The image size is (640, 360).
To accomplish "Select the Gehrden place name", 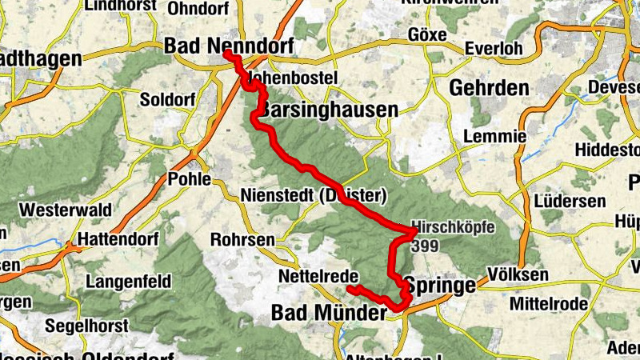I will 489,87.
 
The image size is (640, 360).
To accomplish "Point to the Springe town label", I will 440,285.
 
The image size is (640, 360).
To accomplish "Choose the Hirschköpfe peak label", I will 453,227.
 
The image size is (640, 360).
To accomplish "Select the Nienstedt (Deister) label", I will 314,195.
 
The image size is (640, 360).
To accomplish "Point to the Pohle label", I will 189,179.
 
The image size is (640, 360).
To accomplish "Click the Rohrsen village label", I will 242,239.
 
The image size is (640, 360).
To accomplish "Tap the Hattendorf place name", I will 118,239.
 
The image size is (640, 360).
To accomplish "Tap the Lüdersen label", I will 570,201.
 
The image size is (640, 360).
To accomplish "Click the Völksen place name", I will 518,275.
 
